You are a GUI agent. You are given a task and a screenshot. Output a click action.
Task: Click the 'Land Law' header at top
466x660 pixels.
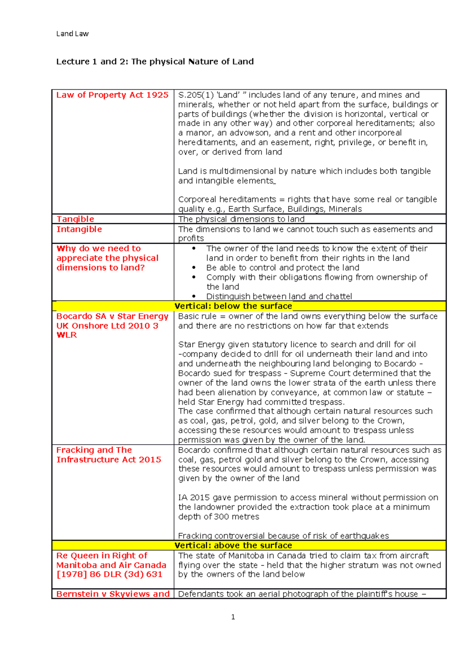click(72, 34)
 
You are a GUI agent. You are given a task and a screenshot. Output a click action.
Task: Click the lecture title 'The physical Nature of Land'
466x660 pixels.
click(192, 61)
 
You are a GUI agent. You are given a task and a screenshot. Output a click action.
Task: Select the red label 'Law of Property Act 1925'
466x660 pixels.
click(112, 95)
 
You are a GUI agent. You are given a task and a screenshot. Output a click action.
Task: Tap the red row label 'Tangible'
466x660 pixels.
click(75, 219)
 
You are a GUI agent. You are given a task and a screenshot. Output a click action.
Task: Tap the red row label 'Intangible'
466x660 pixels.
click(79, 229)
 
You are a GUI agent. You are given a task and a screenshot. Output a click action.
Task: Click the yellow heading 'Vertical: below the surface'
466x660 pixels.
click(233, 306)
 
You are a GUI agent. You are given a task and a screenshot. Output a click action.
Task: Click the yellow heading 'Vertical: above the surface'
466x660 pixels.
click(233, 545)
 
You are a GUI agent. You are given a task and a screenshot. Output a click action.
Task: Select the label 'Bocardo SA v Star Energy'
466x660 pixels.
click(112, 316)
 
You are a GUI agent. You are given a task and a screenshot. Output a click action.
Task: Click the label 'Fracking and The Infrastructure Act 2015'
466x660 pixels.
click(108, 455)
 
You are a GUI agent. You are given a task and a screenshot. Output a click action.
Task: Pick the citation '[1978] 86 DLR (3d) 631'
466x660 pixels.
click(109, 574)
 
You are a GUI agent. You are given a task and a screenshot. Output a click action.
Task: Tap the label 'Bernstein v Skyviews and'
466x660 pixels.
click(113, 594)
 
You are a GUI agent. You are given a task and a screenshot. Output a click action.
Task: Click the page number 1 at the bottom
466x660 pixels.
click(233, 617)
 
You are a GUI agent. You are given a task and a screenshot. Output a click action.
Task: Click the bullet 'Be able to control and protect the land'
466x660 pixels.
click(283, 267)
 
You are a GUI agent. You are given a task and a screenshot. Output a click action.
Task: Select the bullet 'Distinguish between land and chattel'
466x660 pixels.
click(279, 296)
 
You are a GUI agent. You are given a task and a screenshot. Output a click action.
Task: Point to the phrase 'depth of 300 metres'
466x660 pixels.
click(219, 517)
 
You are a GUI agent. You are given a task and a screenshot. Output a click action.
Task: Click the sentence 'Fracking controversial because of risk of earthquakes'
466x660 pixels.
click(283, 536)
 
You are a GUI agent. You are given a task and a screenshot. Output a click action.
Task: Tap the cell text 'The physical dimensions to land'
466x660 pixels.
click(241, 219)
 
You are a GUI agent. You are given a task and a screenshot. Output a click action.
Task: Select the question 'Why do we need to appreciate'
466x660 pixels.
click(107, 253)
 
